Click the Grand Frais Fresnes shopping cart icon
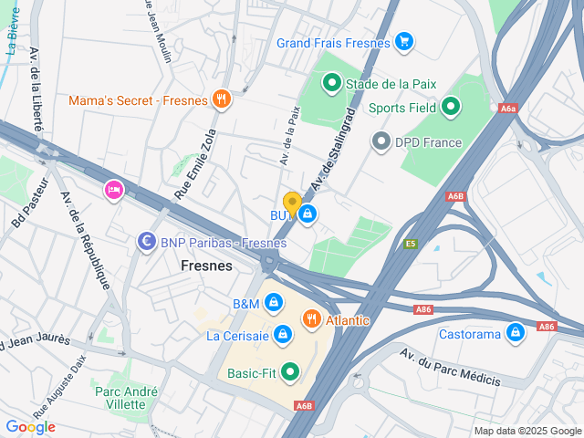404,42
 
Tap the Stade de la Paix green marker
332,84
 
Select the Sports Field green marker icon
449,108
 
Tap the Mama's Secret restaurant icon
220,99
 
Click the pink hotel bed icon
114,189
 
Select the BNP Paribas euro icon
145,242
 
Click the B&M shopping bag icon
274,303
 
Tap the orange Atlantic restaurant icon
312,319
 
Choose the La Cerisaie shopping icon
283,335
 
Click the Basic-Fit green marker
290,371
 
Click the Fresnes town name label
207,266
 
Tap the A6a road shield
508,108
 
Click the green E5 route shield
412,244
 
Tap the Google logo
30,427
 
